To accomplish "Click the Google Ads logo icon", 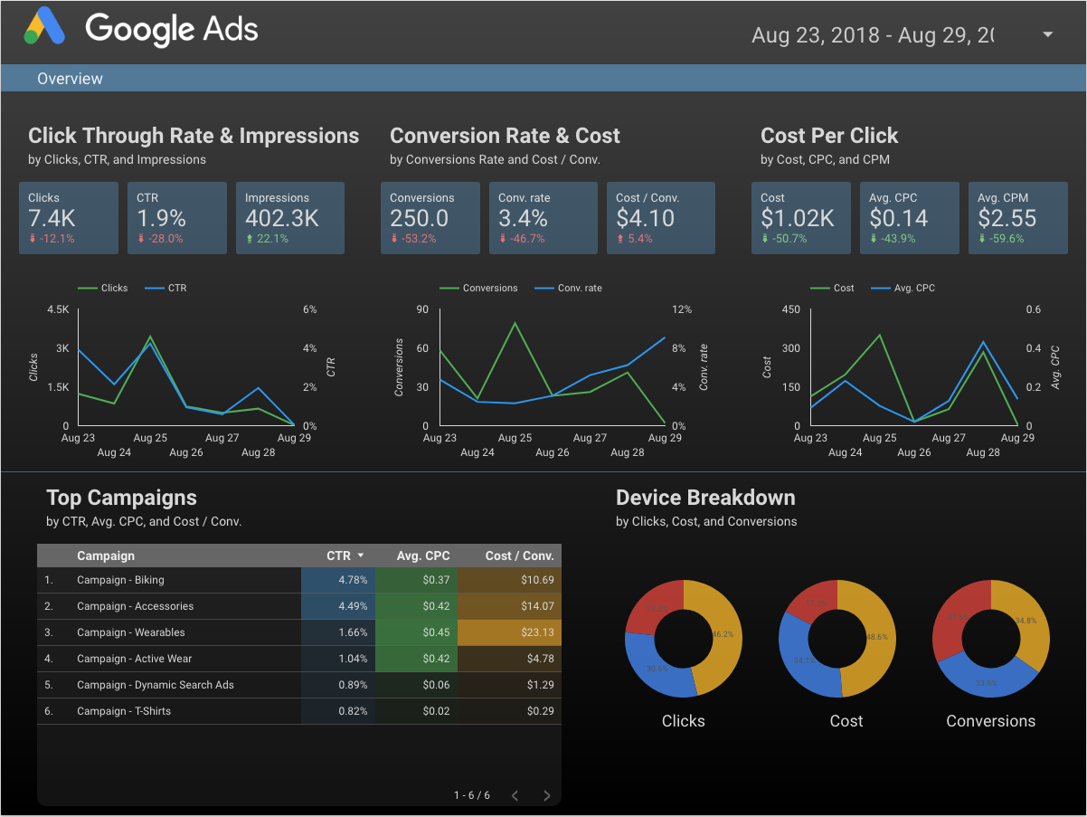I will (45, 27).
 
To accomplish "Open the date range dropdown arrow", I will (1048, 34).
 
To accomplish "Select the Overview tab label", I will (70, 79).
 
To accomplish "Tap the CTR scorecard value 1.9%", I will (161, 218).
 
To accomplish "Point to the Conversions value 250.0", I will (419, 218).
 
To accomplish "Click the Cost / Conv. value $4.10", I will (645, 218).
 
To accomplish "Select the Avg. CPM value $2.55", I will (1007, 218).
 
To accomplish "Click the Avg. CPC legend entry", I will (914, 288).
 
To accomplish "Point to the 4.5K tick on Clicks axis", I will (57, 309).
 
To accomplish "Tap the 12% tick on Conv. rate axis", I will (682, 309).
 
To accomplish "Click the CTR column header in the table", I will (339, 556).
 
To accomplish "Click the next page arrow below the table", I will (547, 795).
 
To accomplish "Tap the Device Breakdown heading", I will (705, 498).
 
